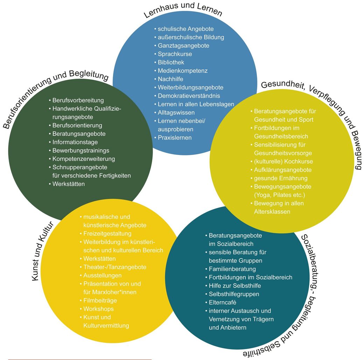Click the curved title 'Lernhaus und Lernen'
point(183,9)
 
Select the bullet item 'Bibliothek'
point(171,62)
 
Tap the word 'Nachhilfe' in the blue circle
point(170,79)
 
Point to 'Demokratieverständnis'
point(189,96)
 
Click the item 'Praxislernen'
point(175,138)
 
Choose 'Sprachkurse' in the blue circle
point(175,54)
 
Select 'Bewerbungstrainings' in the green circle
point(81,150)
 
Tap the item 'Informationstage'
point(75,142)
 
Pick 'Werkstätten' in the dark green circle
point(69,184)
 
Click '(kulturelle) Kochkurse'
point(283,162)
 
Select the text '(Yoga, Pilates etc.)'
point(279,195)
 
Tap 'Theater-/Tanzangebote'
point(115,267)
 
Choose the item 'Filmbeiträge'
point(100,301)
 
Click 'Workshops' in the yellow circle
point(98,309)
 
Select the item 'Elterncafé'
point(222,303)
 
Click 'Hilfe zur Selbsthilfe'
point(234,286)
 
